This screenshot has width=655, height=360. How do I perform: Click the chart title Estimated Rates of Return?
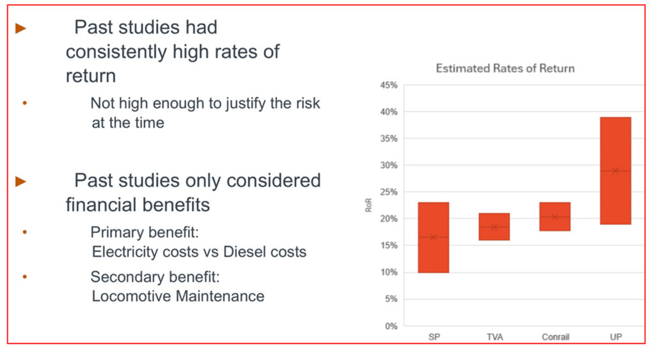coord(505,68)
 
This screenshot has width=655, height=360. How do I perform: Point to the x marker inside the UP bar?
coord(615,171)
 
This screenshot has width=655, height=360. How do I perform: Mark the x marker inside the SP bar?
coord(433,237)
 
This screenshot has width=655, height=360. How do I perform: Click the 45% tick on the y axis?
coord(389,85)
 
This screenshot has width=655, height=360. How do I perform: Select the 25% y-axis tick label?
coord(389,192)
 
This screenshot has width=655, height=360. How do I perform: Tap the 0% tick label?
coord(391,326)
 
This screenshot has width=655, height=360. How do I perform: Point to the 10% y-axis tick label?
coord(389,272)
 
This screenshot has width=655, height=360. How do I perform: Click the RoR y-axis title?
coord(369,206)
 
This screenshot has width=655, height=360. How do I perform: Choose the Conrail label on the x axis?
coord(555,336)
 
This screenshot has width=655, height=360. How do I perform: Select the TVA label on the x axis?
coord(494,336)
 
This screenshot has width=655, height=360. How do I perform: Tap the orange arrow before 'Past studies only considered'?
coord(20,182)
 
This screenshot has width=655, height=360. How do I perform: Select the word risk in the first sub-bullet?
coord(304,103)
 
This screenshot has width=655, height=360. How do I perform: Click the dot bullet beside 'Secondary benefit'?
coord(25,277)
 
